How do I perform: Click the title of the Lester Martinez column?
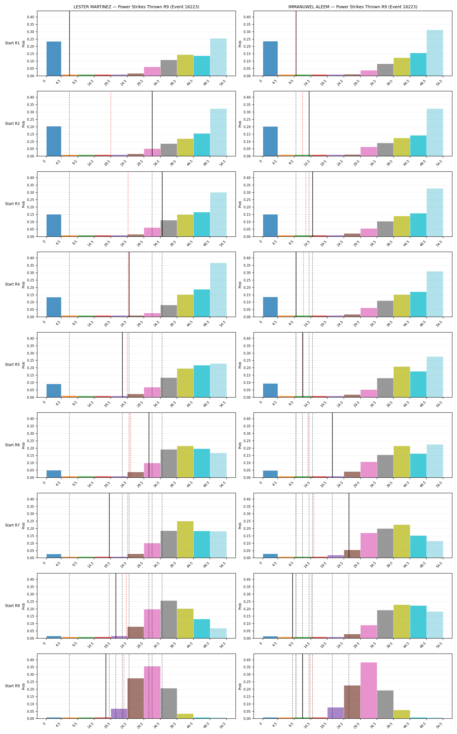[136, 7]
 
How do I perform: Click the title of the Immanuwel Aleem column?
[353, 7]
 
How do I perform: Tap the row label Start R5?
[12, 364]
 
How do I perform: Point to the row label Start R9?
[12, 686]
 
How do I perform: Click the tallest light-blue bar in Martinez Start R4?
[218, 290]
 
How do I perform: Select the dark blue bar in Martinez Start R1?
[54, 59]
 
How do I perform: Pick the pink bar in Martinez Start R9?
[152, 693]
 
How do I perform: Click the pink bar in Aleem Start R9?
[369, 691]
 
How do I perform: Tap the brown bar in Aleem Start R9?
[352, 702]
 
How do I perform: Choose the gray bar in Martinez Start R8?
[169, 620]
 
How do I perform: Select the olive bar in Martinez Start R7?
[185, 540]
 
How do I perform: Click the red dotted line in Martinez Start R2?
[111, 124]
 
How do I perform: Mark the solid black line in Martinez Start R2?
[152, 124]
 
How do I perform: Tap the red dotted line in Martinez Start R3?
[128, 204]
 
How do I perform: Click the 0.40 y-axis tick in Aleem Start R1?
[247, 17]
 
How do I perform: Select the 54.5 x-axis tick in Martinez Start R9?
[223, 725]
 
